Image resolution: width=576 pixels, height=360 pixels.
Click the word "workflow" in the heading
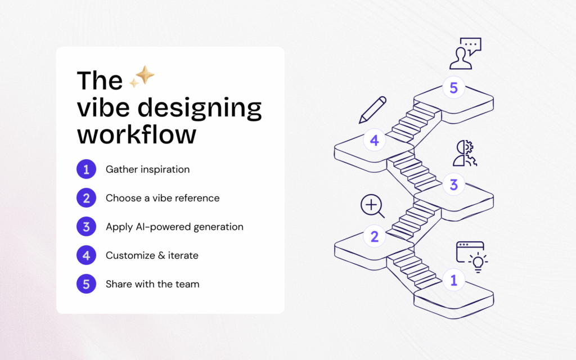point(137,136)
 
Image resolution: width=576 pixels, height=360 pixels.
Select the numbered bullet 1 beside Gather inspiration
point(86,169)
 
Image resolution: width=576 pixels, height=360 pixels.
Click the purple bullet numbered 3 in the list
point(86,227)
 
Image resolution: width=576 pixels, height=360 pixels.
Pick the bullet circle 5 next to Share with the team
point(86,284)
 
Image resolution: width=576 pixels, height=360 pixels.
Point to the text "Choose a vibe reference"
point(163,198)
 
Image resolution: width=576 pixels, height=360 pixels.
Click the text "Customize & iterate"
point(152,255)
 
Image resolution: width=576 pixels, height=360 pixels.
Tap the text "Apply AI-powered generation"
point(174,227)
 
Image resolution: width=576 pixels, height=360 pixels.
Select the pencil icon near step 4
point(372,110)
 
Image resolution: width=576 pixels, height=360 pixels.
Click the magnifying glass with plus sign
point(372,206)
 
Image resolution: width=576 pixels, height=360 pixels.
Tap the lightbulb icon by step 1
point(478,262)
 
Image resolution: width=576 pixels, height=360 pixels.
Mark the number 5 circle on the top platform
point(453,88)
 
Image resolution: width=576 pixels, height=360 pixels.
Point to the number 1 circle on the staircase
point(454,280)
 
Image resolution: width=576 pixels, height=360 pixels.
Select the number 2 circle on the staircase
point(375,236)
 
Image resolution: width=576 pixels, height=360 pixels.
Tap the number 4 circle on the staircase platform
point(375,141)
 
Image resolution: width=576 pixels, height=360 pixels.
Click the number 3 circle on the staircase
point(454,184)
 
